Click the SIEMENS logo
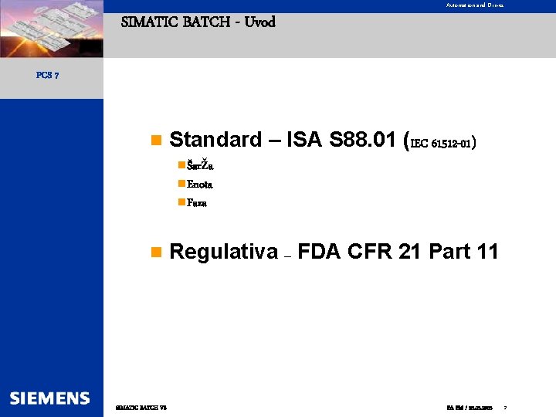pos(50,398)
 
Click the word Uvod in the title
pos(259,22)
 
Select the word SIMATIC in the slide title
pos(150,22)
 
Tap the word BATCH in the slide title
pos(206,22)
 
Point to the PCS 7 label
pos(47,76)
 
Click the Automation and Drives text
pos(474,5)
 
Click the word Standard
pos(215,140)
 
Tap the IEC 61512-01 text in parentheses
pos(441,143)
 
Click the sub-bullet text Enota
pos(200,185)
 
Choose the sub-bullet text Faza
pos(197,203)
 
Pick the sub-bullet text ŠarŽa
pos(201,166)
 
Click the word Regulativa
pos(223,252)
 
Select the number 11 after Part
pos(487,252)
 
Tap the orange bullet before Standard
pos(155,141)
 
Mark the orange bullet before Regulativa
pos(155,253)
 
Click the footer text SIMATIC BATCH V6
pos(141,407)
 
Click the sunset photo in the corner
pos(51,29)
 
